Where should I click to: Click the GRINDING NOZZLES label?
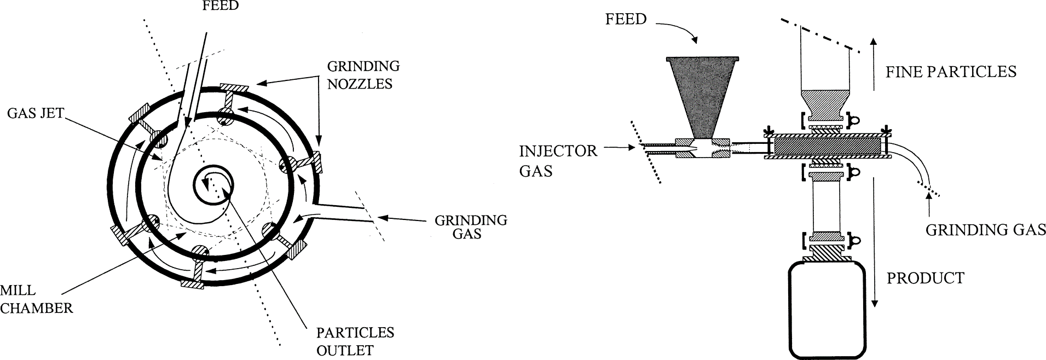363,75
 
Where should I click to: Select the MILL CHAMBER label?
36,300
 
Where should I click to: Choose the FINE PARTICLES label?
951,72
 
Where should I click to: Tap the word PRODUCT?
925,278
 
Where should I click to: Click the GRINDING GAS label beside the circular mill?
471,227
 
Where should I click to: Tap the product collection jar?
827,310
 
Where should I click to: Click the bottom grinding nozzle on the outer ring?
192,283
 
